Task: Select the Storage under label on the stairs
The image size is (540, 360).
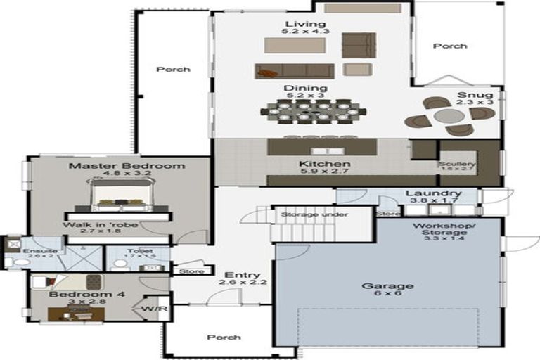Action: pos(304,214)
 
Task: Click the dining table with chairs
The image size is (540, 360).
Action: pos(313,110)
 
